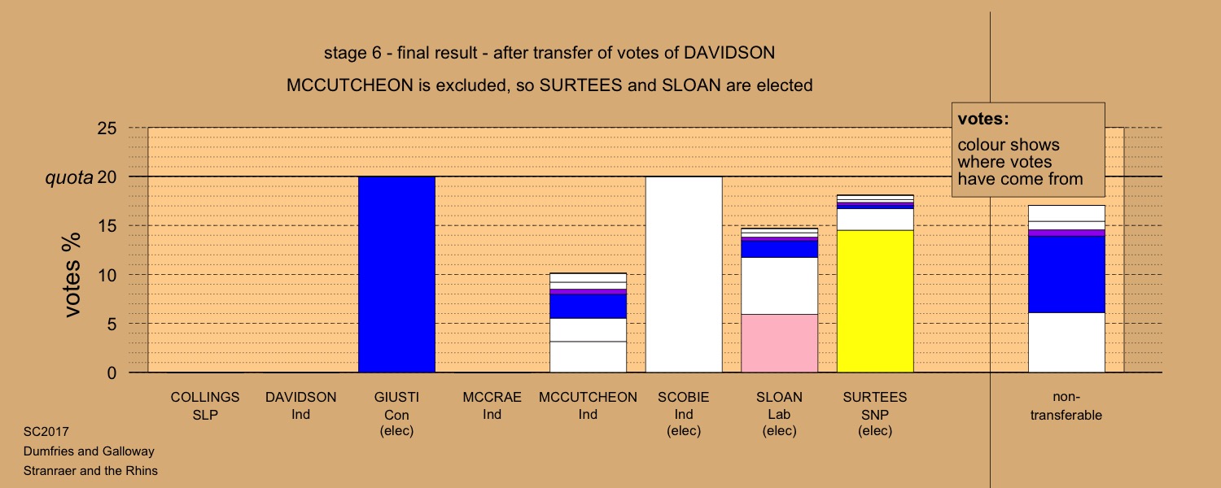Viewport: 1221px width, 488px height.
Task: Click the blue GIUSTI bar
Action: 397,275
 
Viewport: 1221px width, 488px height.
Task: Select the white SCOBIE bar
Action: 684,275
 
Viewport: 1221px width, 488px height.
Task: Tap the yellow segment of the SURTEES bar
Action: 875,301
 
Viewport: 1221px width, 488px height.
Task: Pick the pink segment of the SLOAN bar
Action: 780,343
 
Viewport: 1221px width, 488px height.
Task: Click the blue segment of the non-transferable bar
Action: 1066,274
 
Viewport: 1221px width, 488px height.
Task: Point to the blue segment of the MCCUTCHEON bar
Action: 589,306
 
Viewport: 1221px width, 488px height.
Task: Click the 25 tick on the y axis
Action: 107,128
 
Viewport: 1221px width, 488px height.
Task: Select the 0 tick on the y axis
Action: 112,373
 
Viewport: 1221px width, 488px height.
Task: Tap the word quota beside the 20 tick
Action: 69,177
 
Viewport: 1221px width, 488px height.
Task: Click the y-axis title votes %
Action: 72,275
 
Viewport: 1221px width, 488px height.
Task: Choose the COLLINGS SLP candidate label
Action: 205,406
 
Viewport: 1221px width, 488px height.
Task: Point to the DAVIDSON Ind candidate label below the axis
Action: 301,406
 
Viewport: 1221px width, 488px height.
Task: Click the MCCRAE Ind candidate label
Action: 492,406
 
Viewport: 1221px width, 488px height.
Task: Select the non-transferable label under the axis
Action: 1066,406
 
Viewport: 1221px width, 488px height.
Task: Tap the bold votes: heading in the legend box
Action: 983,119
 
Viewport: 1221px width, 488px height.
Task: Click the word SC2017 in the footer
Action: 46,432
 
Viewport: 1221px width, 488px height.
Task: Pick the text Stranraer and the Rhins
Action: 90,471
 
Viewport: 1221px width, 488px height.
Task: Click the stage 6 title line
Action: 549,53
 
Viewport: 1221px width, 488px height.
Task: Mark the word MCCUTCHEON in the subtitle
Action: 350,85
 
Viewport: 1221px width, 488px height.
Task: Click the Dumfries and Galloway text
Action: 89,451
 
